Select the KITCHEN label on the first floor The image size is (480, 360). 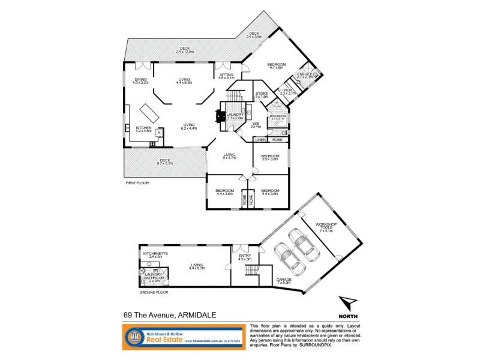[x=143, y=129]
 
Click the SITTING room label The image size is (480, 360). [x=226, y=76]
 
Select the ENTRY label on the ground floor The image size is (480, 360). [x=245, y=258]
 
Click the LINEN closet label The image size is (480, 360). [x=260, y=140]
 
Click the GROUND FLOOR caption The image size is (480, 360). [x=154, y=293]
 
